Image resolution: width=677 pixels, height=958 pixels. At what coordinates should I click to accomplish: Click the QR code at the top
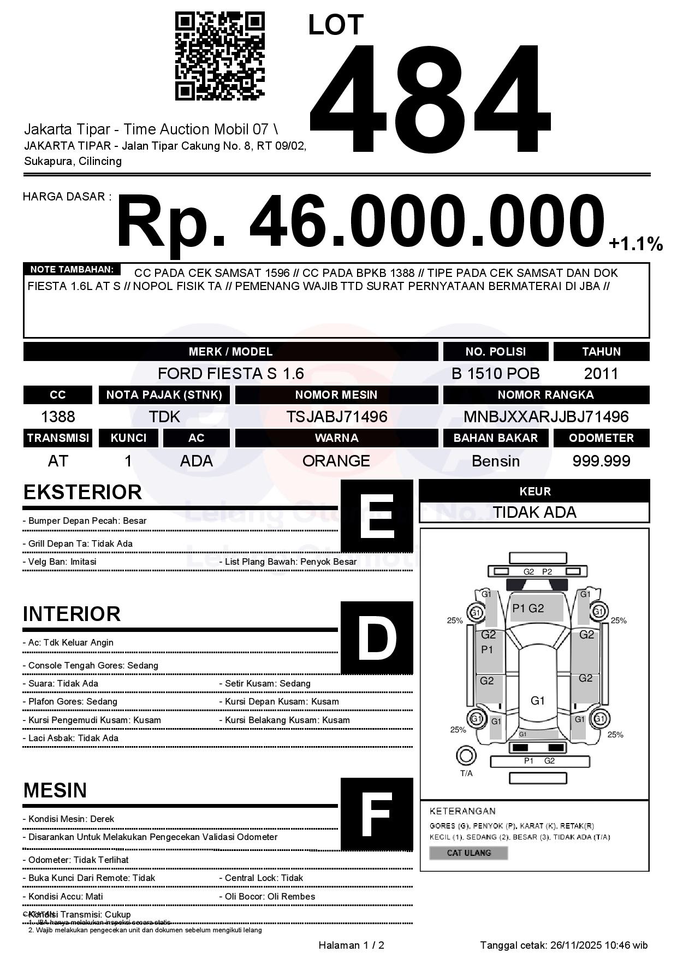pyautogui.click(x=219, y=57)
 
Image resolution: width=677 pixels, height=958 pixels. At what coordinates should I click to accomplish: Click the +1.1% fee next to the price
pyautogui.click(x=636, y=244)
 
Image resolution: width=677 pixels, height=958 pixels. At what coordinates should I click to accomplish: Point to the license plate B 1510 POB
pyautogui.click(x=495, y=374)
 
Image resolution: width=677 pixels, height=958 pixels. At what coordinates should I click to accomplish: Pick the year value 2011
pyautogui.click(x=601, y=374)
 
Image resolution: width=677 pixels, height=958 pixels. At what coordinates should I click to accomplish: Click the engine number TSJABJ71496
pyautogui.click(x=337, y=417)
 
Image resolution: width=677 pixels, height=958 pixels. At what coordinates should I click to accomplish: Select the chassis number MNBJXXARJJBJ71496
pyautogui.click(x=546, y=417)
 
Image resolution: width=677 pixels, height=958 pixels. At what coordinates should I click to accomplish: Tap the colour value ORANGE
pyautogui.click(x=336, y=461)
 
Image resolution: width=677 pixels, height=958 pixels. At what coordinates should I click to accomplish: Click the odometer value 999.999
pyautogui.click(x=601, y=461)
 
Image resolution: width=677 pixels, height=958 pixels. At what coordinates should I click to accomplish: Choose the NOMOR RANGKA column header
pyautogui.click(x=546, y=394)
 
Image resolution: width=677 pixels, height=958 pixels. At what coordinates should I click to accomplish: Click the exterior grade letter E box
pyautogui.click(x=377, y=516)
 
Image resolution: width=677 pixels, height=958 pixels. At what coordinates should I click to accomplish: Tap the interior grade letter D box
pyautogui.click(x=377, y=637)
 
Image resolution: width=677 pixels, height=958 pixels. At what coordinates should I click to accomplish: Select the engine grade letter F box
pyautogui.click(x=377, y=814)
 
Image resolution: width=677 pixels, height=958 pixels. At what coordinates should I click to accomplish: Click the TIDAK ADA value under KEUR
pyautogui.click(x=535, y=512)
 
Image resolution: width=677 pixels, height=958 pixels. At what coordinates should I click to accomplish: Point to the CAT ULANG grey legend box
pyautogui.click(x=468, y=853)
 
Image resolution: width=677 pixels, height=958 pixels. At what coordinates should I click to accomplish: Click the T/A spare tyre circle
pyautogui.click(x=466, y=756)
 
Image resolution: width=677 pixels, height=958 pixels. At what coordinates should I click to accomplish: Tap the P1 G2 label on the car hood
pyautogui.click(x=528, y=608)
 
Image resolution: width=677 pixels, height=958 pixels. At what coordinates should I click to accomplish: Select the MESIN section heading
pyautogui.click(x=55, y=790)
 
